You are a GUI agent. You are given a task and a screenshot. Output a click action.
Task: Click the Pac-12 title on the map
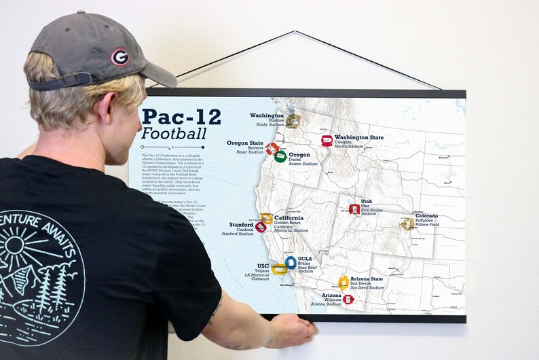point(181,117)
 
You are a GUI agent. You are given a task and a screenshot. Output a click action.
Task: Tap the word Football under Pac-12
point(173,133)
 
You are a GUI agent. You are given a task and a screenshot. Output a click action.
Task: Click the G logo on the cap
point(120,56)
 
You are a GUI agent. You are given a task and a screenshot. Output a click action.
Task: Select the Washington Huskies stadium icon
point(293,121)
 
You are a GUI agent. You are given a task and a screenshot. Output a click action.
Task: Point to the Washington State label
point(358,137)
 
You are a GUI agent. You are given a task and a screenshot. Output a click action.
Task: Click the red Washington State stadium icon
point(327,141)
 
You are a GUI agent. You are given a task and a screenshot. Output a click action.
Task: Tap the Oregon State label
point(245,143)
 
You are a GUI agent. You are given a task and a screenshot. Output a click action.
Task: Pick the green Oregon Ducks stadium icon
point(280,156)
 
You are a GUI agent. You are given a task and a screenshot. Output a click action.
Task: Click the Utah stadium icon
point(354,209)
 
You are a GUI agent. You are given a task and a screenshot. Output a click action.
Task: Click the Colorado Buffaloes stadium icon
point(408,223)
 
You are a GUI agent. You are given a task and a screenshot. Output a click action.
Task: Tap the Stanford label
point(242,225)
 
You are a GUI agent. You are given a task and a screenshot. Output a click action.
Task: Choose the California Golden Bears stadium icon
point(267,219)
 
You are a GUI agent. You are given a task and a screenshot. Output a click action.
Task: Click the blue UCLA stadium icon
point(291,262)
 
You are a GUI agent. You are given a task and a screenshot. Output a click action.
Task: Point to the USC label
point(263,266)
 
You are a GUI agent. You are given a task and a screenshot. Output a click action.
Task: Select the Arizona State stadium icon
point(343,282)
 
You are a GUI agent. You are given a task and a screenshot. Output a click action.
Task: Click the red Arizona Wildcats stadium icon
point(348,299)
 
